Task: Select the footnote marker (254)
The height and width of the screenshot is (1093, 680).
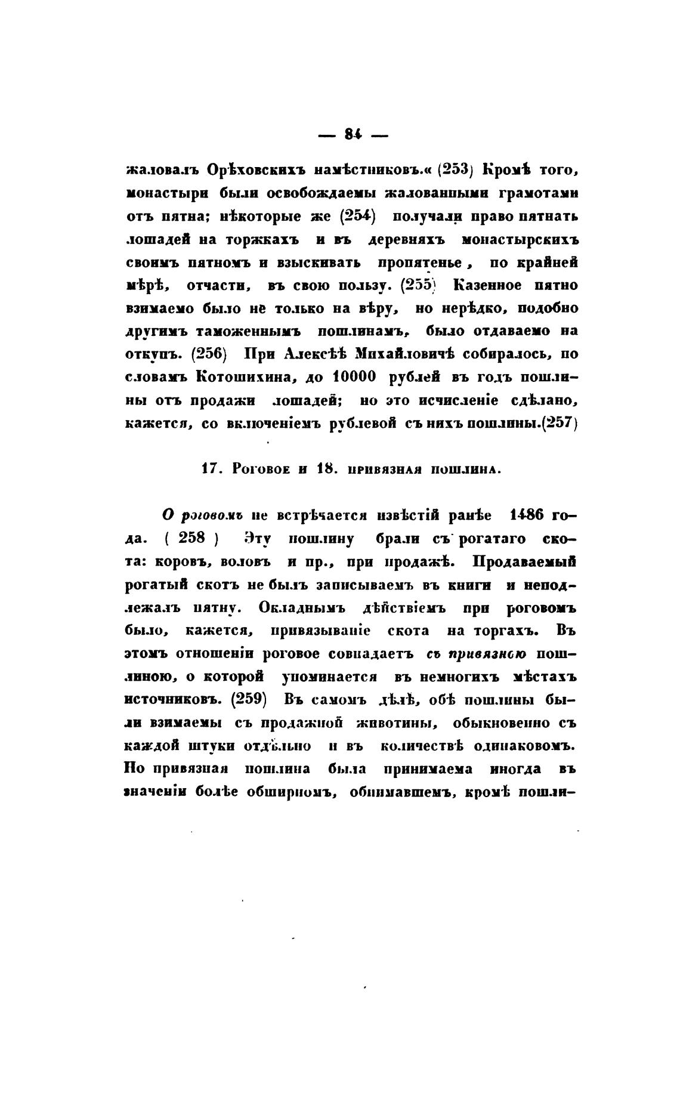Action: pos(356,217)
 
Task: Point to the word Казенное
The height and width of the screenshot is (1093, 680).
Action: pos(487,285)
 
